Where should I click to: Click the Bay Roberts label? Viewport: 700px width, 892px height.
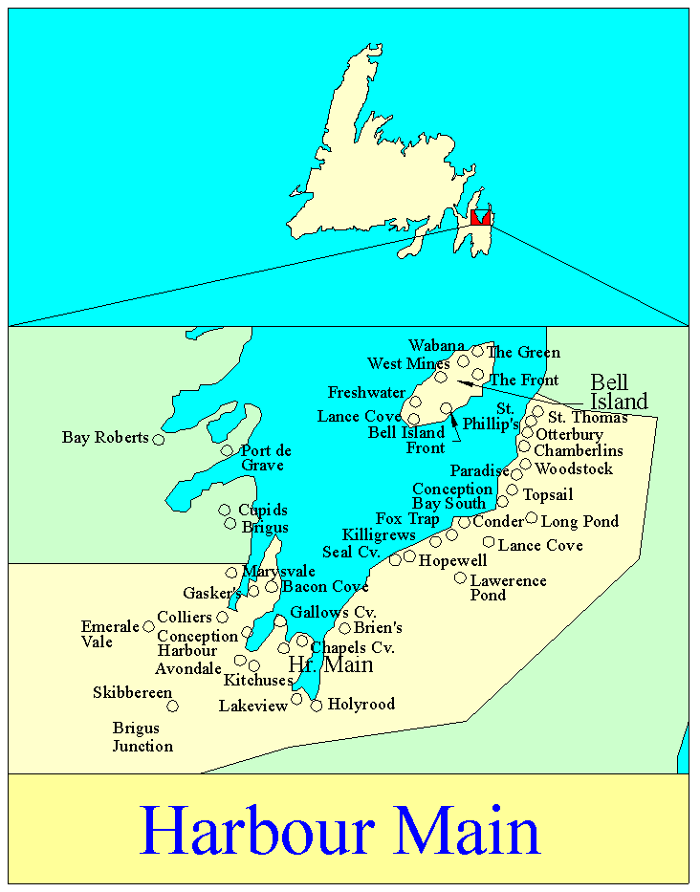105,438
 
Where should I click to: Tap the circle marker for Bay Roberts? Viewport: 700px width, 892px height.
159,440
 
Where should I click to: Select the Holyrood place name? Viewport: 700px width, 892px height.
361,705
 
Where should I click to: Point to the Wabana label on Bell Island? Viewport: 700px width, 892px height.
436,345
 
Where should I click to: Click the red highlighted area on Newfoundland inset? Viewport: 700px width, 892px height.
480,218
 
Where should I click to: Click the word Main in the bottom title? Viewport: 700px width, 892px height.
465,830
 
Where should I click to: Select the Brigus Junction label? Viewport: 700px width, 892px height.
142,737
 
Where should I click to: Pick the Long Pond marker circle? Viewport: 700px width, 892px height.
532,518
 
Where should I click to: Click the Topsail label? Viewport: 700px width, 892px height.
548,495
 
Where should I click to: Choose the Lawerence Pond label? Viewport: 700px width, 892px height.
508,587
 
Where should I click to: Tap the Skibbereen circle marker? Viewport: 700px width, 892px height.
173,707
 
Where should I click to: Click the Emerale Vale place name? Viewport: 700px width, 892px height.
110,634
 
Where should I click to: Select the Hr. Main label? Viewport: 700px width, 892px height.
330,665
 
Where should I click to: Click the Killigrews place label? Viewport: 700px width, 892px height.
379,535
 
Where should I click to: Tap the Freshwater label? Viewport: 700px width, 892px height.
366,393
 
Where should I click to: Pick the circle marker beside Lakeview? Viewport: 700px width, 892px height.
296,699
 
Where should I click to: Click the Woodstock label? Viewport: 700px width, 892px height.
574,469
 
